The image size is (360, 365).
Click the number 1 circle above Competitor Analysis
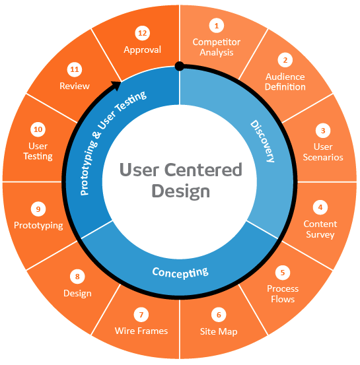[x=215, y=26]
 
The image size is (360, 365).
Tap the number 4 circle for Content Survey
[x=320, y=207]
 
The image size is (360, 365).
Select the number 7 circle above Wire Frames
[x=141, y=314]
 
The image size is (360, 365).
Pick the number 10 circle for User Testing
[x=38, y=129]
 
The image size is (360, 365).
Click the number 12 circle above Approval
[x=142, y=32]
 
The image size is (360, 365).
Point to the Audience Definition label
[x=285, y=82]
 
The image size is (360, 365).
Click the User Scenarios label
[x=323, y=152]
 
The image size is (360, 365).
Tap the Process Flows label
[x=283, y=294]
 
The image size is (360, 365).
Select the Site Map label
[x=219, y=331]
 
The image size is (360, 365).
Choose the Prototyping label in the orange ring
[x=38, y=226]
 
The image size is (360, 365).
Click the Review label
[x=75, y=86]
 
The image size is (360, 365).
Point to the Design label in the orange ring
[x=77, y=293]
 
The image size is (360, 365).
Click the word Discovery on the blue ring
[x=262, y=141]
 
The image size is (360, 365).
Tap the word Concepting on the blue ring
[x=180, y=272]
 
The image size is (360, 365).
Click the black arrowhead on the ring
[x=116, y=84]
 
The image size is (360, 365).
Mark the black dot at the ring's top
[x=179, y=65]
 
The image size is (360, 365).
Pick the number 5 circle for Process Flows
[x=283, y=272]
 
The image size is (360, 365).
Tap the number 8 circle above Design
[x=77, y=277]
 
